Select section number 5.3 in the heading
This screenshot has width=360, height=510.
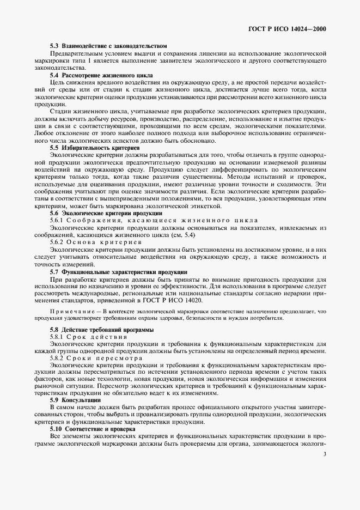(55, 46)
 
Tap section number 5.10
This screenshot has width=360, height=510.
(56, 429)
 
